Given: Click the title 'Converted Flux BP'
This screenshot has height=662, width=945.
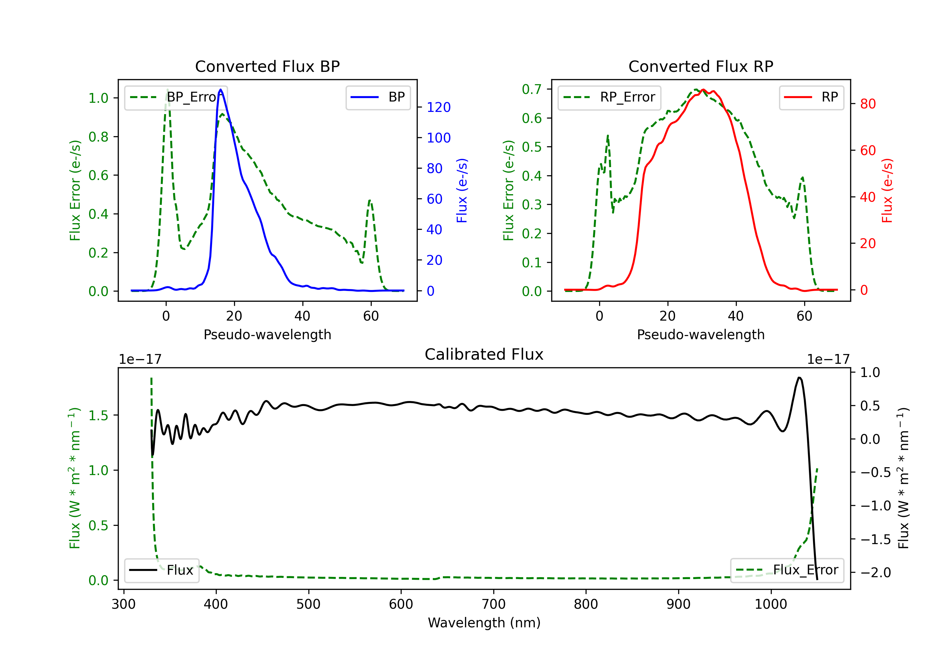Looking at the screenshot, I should point(267,66).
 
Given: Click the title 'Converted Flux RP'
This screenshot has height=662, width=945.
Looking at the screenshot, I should point(701,66).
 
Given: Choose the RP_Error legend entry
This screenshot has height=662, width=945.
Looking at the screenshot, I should point(609,97).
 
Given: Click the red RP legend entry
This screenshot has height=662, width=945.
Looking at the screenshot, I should point(811,97).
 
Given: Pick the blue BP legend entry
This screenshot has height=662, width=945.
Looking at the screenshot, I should point(378,97).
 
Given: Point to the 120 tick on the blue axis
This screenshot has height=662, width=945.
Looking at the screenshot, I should point(438,107).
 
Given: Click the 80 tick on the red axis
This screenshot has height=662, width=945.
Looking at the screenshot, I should point(868,104).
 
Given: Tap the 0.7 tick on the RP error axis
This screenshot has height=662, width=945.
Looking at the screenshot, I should point(531,89).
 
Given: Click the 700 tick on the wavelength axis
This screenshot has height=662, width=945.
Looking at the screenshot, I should point(494,604).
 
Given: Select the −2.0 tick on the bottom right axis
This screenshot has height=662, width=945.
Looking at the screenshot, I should point(876,572).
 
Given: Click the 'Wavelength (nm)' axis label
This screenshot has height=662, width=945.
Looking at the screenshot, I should point(484,623).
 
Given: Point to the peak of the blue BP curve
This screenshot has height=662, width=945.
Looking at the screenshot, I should point(220,90).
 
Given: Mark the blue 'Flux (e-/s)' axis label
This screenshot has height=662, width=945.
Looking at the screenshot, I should point(462,190).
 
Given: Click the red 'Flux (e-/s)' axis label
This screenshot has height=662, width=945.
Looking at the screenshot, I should point(887,190).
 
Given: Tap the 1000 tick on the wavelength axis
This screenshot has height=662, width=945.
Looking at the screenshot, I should point(771,604).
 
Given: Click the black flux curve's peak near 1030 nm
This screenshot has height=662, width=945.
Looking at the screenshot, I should point(799,377).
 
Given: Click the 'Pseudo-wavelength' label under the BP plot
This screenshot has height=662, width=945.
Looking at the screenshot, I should point(267,334).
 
